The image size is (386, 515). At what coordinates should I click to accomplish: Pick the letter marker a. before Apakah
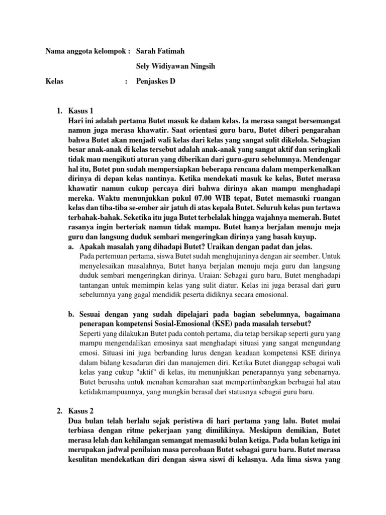(71, 247)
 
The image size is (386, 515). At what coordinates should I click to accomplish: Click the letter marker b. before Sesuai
(71, 314)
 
